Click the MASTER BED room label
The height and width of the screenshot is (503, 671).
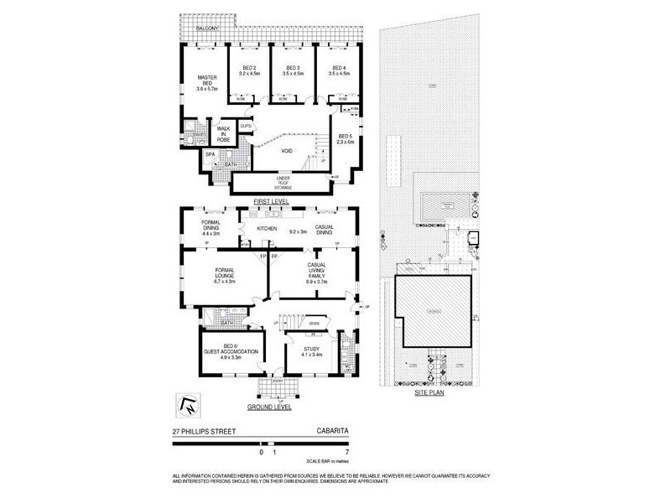(206, 82)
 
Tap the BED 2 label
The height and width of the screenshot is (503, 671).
(248, 70)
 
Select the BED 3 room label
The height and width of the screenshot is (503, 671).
(293, 70)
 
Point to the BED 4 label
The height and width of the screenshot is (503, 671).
(338, 70)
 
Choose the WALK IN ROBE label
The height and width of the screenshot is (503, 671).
(224, 132)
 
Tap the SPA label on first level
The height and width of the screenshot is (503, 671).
(210, 155)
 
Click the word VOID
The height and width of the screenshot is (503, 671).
(288, 152)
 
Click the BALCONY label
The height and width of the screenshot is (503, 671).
(207, 29)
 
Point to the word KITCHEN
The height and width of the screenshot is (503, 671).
(267, 228)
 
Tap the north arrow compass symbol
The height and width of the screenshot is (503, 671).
(188, 403)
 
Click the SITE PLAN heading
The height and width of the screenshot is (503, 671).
(429, 393)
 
